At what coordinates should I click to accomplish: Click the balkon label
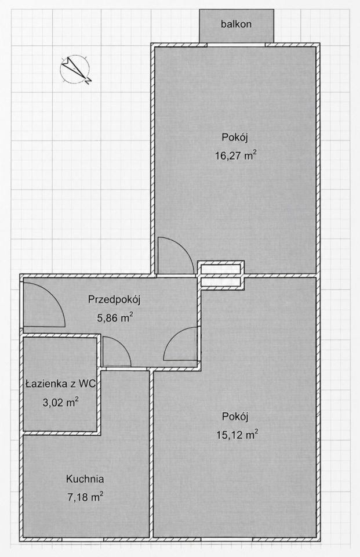coord(236,24)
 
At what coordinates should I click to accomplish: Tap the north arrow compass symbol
coord(75,69)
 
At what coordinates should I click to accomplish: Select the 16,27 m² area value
coord(235,155)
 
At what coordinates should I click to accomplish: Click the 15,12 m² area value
coord(237,435)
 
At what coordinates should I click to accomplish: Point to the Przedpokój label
coord(114,299)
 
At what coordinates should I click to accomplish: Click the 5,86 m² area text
coord(115,317)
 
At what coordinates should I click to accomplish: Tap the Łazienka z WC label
coord(61,384)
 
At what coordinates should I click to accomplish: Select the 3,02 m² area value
coord(60,403)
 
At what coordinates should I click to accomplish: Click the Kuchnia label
coord(85,479)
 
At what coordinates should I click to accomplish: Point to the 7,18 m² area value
coord(85,497)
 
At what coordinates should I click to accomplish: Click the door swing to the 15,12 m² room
coord(170,338)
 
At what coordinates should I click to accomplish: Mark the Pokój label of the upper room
coord(235,137)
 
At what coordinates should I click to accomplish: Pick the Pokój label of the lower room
coord(235,417)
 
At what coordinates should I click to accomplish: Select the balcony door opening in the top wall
coord(236,45)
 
